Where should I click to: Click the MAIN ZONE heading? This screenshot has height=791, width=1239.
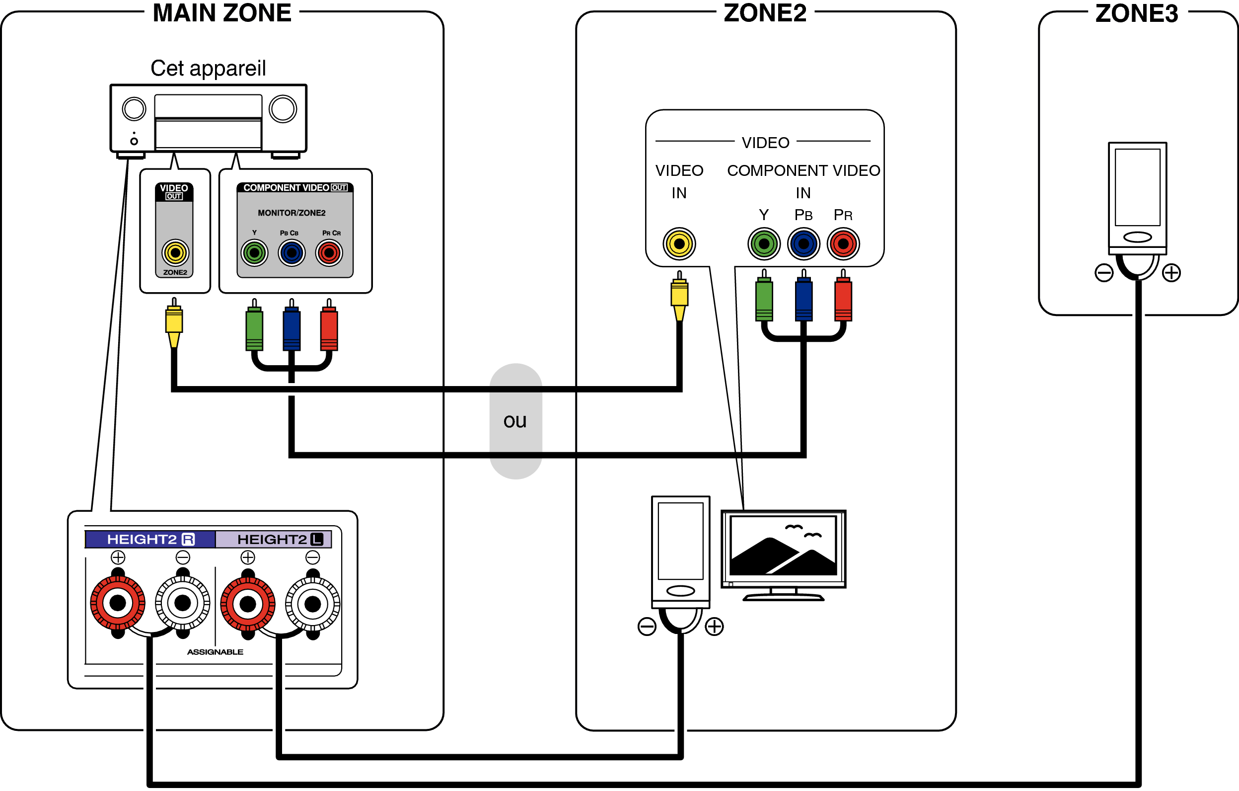click(222, 13)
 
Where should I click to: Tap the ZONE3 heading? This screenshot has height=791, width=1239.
click(1136, 13)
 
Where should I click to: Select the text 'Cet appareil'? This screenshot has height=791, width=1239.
click(208, 68)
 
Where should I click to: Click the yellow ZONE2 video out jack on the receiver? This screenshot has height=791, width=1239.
click(175, 253)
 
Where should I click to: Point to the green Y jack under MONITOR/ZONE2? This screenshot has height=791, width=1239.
click(254, 253)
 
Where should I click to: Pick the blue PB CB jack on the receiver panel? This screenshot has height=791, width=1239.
click(292, 253)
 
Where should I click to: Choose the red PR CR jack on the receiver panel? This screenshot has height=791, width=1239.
click(329, 253)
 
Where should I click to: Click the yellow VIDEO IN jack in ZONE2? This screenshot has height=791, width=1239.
click(679, 243)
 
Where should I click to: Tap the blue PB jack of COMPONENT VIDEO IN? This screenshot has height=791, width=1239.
click(803, 243)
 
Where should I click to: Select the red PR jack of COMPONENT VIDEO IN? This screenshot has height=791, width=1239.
click(843, 243)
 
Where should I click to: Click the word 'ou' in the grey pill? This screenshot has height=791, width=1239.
click(515, 421)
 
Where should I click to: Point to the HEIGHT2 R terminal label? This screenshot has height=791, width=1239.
click(150, 539)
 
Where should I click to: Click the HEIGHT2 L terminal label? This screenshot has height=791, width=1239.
click(280, 539)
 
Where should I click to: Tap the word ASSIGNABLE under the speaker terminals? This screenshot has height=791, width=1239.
click(215, 652)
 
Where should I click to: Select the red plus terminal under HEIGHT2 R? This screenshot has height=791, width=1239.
click(118, 603)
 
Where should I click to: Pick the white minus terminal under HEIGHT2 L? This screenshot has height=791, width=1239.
click(312, 604)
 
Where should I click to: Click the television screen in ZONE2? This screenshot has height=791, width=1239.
click(783, 546)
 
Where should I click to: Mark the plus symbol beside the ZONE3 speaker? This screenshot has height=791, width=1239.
click(1171, 272)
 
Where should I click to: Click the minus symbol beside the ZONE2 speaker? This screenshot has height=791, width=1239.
click(647, 627)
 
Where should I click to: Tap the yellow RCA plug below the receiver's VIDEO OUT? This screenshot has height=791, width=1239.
click(174, 322)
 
